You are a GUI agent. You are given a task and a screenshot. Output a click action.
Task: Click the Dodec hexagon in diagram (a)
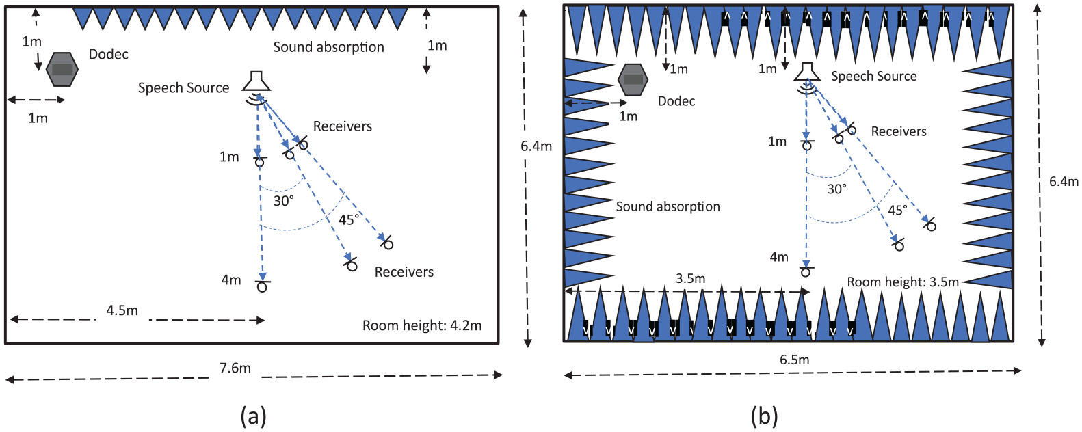pos(62,69)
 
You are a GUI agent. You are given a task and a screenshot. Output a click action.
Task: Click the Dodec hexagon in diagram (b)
pos(633,80)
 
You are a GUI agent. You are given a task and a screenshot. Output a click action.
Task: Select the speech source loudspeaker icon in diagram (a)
pos(256,81)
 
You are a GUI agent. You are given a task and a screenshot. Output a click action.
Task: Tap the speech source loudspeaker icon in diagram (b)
pos(807,72)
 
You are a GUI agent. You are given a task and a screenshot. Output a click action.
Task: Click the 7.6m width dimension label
pos(235,368)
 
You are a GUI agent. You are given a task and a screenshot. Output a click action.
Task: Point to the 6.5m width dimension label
pos(794,360)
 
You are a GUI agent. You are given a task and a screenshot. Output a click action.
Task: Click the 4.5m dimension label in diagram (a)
pos(122,310)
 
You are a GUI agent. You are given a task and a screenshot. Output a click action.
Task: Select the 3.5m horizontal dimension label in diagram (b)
pos(690,278)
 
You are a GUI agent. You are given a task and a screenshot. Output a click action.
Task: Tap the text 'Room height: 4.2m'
pos(422,326)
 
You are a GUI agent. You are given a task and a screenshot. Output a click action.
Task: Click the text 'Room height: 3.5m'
pos(903,282)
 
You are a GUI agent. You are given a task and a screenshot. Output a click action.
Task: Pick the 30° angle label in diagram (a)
pos(284,201)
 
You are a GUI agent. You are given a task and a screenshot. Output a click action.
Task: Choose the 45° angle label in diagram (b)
pos(897,211)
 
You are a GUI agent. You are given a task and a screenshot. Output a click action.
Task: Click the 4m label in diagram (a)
pos(231,280)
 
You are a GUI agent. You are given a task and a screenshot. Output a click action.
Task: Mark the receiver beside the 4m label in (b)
pos(805,272)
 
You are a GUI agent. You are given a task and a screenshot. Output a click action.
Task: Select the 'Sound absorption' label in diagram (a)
pos(328,47)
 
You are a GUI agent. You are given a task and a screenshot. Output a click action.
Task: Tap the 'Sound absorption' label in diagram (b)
pos(668,206)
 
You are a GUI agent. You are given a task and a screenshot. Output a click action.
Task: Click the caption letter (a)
pos(253,416)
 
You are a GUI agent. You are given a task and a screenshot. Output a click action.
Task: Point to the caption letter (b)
pos(764,416)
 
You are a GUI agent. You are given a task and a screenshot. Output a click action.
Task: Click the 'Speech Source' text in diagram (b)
pos(874,77)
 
